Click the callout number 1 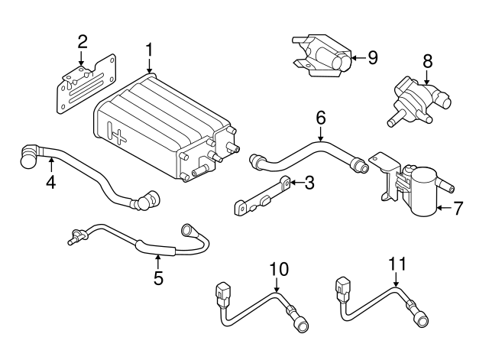[x=150, y=50]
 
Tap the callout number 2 [x=83, y=42]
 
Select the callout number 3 [x=309, y=183]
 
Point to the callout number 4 [x=51, y=183]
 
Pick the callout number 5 [x=158, y=277]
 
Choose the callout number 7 [x=458, y=207]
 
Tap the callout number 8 [x=428, y=60]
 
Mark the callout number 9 [x=373, y=57]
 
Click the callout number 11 [x=397, y=264]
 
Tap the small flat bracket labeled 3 [x=264, y=196]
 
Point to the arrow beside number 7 [x=445, y=207]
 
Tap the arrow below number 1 [x=150, y=67]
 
